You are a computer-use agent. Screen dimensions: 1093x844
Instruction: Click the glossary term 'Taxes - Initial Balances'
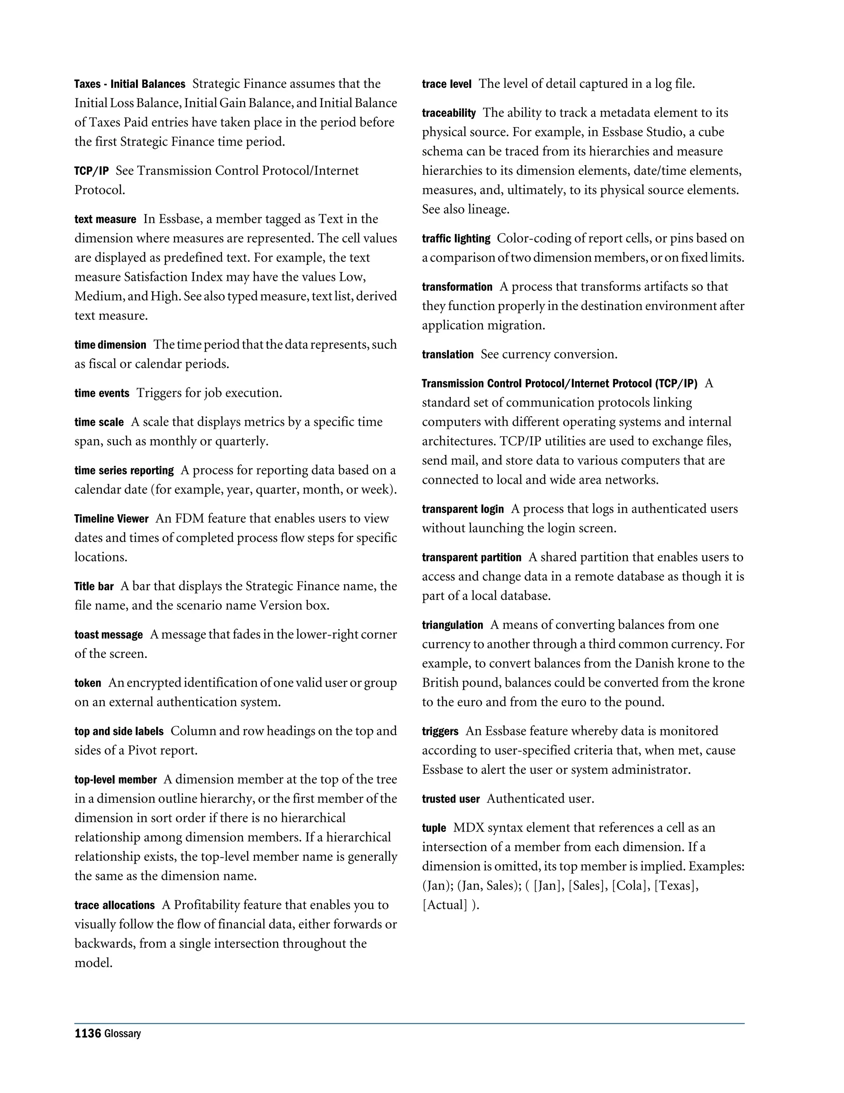tap(129, 84)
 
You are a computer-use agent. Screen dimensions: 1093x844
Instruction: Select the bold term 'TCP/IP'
tap(91, 171)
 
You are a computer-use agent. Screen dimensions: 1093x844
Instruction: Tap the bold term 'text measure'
tap(105, 219)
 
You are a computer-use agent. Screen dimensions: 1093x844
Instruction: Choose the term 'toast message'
tap(108, 635)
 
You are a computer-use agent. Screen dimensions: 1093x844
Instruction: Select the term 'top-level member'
tap(115, 780)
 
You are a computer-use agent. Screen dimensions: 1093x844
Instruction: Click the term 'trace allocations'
tap(115, 905)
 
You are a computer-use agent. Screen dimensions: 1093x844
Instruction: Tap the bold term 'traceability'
tap(448, 113)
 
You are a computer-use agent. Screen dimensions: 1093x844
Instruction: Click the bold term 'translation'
tap(448, 355)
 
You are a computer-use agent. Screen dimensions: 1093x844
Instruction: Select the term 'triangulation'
tap(452, 625)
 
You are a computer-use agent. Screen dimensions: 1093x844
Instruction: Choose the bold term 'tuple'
tap(434, 828)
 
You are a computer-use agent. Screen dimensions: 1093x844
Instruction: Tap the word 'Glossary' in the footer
tap(122, 1034)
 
